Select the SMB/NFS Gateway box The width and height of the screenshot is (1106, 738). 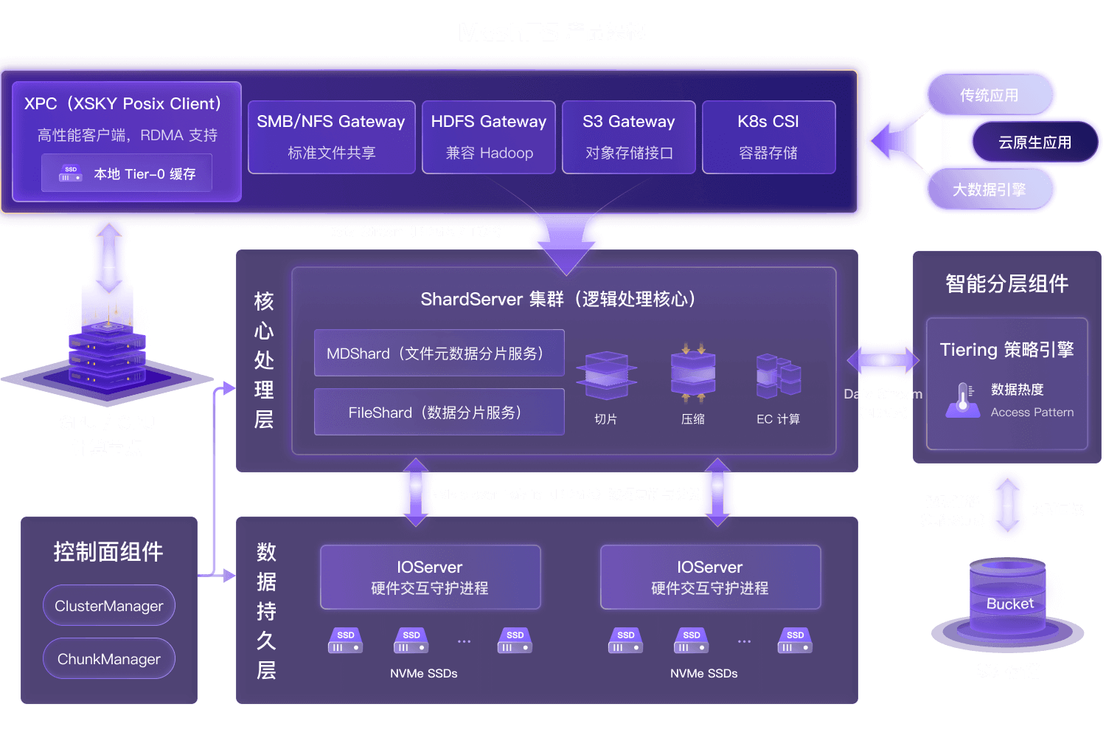pos(331,137)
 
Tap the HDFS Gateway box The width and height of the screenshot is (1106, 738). pos(489,137)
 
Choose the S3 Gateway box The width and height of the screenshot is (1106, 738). pos(629,137)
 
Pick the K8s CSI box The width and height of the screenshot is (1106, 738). pos(768,137)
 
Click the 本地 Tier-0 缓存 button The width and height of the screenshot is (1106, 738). pos(127,173)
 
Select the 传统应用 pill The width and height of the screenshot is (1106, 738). pos(990,95)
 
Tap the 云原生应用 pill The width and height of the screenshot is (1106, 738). pos(1034,142)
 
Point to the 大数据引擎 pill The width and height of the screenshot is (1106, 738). pos(990,190)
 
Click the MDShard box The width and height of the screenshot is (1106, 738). pos(439,354)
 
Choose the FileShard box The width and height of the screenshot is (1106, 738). pos(439,413)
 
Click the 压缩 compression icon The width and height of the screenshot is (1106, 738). pos(693,372)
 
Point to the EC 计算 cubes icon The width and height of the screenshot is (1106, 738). pos(779,375)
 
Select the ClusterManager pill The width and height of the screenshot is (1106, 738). pos(109,606)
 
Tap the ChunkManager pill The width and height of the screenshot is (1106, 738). pos(109,659)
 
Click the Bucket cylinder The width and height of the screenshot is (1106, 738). pos(1008,601)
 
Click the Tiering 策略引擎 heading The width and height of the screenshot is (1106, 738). pos(1006,350)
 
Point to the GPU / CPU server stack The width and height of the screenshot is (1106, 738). pos(107,347)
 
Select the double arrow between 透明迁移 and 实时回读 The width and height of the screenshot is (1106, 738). pos(1007,505)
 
